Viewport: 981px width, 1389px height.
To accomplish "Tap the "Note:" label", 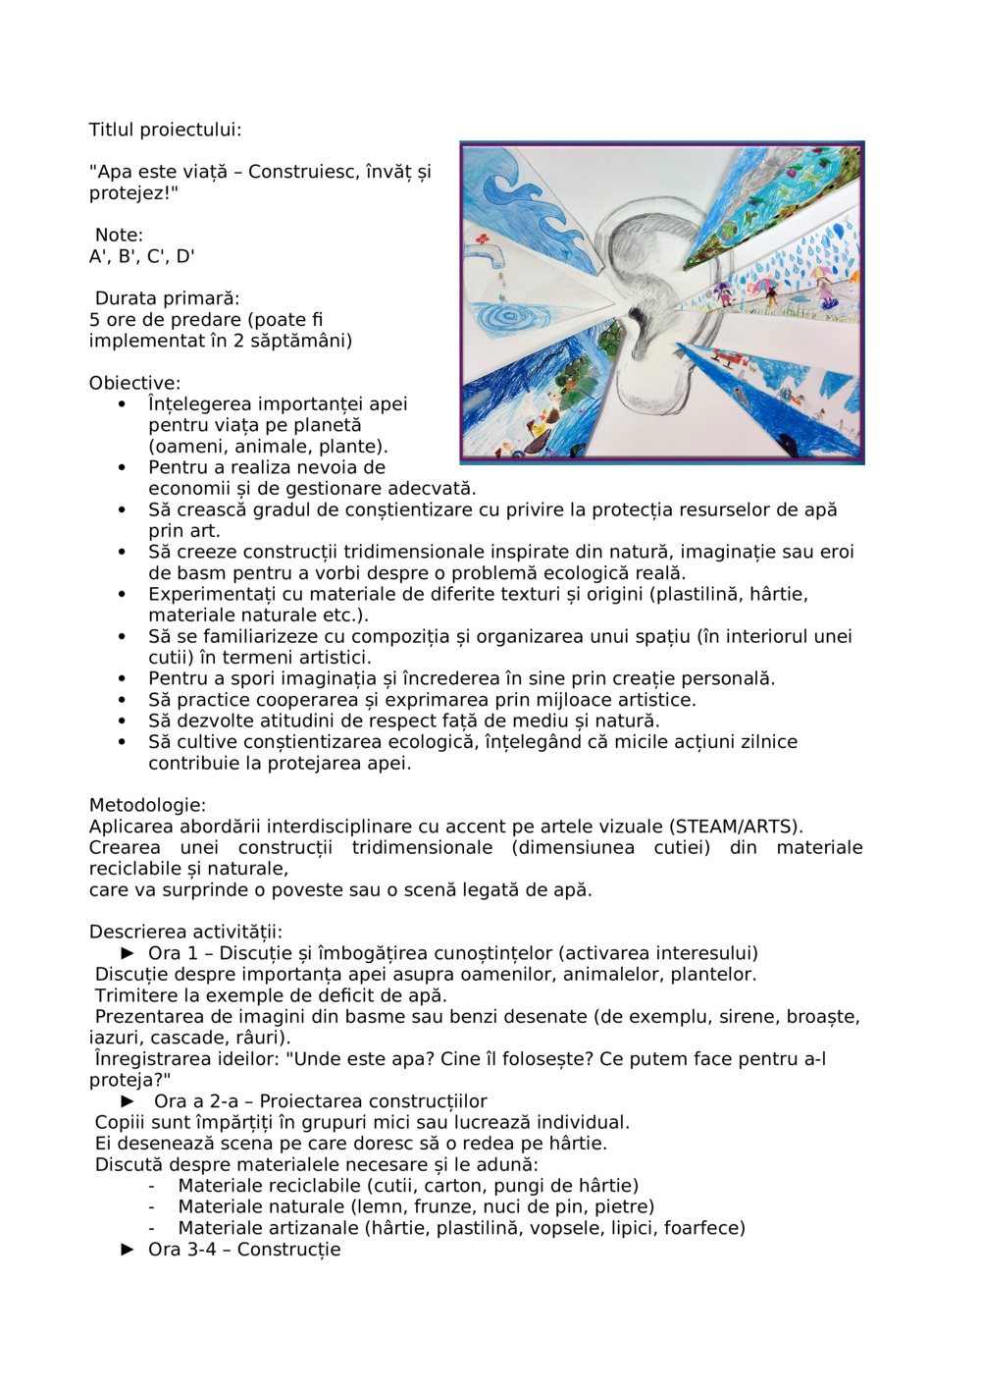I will point(119,236).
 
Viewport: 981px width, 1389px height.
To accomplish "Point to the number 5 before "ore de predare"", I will point(94,320).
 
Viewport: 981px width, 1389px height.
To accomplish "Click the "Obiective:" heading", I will point(134,383).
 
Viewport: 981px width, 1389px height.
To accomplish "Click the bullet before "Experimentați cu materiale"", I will point(122,595).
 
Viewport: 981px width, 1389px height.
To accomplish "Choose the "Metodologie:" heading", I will point(147,806).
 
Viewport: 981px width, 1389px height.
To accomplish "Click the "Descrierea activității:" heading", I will point(185,933).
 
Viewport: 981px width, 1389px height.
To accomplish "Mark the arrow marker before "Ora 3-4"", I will point(128,1250).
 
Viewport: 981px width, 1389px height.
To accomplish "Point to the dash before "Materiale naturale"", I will point(152,1207).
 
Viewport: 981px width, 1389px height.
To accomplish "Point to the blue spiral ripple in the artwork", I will point(509,317).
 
